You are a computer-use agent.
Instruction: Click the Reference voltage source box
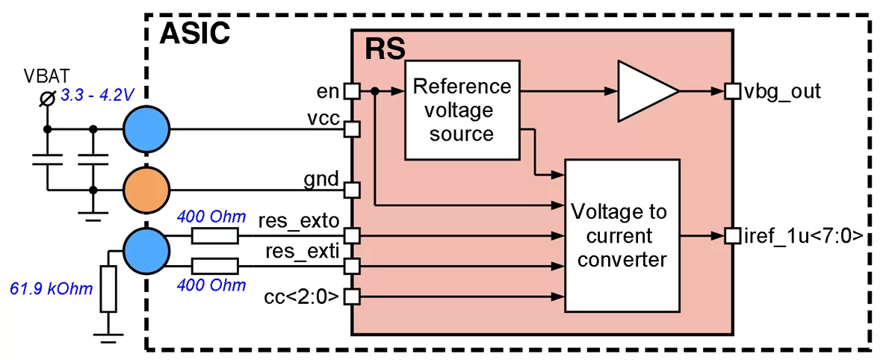462,109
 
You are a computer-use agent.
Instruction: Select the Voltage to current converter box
622,236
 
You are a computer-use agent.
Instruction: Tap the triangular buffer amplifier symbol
645,90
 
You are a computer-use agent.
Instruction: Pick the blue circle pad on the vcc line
146,129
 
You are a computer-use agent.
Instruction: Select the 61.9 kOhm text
51,288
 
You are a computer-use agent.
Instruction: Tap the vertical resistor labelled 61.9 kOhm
109,289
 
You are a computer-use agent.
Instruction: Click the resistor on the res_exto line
215,237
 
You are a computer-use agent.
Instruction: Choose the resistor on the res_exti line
215,265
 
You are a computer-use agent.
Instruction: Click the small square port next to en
352,91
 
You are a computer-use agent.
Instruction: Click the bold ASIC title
195,34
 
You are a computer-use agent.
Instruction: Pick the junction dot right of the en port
375,91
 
